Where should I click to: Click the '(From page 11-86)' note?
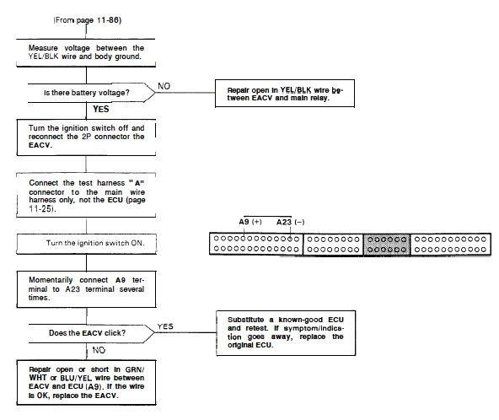click(88, 20)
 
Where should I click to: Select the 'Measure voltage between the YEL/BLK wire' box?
click(86, 53)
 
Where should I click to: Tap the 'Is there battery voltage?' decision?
click(92, 93)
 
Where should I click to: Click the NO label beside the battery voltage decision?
click(164, 86)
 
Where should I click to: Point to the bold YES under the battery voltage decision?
click(101, 110)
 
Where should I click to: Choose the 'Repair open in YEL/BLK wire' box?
click(285, 94)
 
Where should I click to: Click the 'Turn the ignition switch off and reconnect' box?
click(86, 137)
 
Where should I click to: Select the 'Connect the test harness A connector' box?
click(86, 195)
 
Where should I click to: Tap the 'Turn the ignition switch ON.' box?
click(87, 244)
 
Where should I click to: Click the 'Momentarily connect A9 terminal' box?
click(87, 289)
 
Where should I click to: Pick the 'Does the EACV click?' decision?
click(92, 333)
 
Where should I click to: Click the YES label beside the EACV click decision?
click(165, 326)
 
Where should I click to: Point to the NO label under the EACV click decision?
click(99, 350)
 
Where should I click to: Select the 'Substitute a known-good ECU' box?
click(286, 333)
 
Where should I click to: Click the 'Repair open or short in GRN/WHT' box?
click(86, 382)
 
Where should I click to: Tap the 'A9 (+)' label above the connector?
click(250, 222)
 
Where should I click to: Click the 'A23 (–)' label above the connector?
click(290, 222)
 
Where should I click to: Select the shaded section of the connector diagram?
click(387, 245)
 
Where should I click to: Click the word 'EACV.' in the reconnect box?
click(40, 145)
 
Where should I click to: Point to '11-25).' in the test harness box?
click(42, 209)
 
